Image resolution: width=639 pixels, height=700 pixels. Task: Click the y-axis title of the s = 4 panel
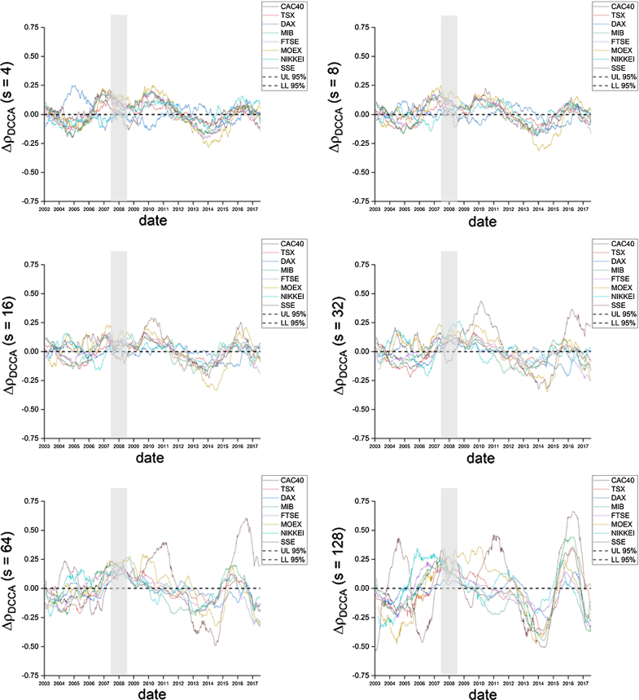[x=15, y=114]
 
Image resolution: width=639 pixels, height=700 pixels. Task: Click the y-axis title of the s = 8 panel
[x=345, y=114]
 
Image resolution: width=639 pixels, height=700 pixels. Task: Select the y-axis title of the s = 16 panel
[x=15, y=350]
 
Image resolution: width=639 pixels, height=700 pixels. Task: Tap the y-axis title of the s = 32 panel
[x=345, y=350]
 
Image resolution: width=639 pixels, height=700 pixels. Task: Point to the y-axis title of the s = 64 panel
[x=15, y=588]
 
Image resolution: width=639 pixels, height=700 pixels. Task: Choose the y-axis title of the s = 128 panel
[x=345, y=588]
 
